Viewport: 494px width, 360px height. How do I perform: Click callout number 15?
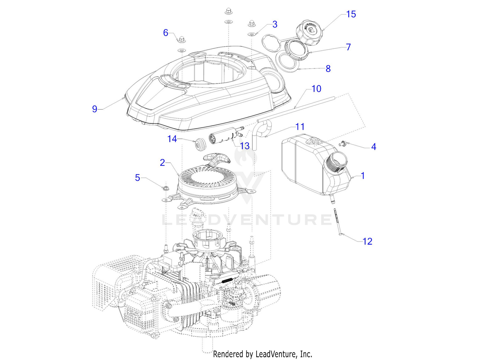pos(351,14)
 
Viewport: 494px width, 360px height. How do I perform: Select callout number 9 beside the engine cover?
pos(95,109)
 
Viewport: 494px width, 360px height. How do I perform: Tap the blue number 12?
pos(367,241)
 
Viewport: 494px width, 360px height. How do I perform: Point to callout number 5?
pos(138,178)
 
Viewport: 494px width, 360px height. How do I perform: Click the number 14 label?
pos(172,139)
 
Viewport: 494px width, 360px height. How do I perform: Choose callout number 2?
pos(162,163)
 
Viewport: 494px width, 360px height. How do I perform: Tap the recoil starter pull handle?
pos(217,159)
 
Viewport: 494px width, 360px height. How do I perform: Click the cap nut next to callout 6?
pos(181,39)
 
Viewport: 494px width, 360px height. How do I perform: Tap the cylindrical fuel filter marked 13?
pos(223,137)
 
